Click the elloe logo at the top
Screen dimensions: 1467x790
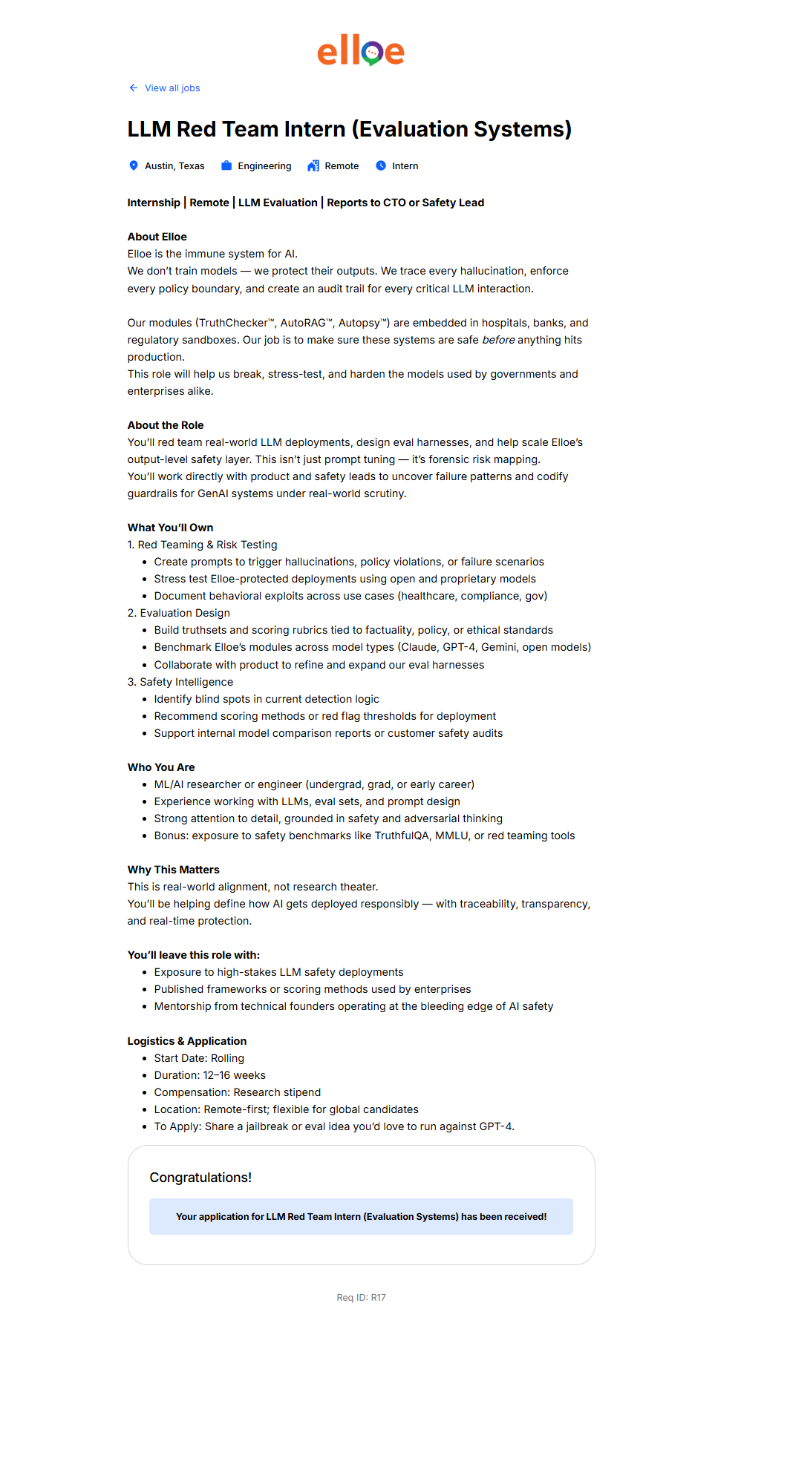tap(361, 50)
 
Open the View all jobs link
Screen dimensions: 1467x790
tap(172, 88)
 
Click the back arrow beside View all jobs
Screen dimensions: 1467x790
tap(134, 88)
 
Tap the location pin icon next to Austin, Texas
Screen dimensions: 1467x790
tap(134, 165)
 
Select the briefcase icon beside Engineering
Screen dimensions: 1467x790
tap(226, 165)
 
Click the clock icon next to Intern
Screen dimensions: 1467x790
tap(381, 165)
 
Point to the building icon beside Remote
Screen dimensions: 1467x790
tap(313, 165)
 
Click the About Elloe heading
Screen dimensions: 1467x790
tap(157, 237)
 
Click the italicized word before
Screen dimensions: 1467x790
tap(498, 340)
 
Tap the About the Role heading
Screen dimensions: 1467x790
tap(165, 425)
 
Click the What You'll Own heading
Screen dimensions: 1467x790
tap(170, 528)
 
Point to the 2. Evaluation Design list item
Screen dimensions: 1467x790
tap(178, 613)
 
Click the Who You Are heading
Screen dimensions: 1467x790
tap(161, 767)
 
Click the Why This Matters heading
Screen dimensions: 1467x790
tap(173, 870)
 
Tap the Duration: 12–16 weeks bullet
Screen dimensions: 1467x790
tap(209, 1075)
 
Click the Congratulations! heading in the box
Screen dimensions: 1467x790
tap(200, 1178)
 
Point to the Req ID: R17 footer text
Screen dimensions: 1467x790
tap(361, 1298)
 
